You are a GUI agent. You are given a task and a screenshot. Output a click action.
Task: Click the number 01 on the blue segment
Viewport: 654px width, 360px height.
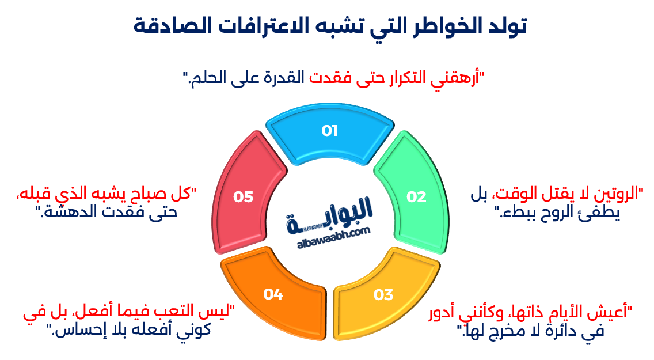329,131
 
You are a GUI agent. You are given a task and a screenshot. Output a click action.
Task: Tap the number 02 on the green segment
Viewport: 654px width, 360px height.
416,197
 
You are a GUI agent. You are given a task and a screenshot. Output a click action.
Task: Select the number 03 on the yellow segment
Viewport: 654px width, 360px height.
383,295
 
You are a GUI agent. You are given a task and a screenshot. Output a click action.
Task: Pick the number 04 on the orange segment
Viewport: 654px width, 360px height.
273,294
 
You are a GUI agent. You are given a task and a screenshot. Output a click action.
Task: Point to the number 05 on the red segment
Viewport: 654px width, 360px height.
243,197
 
